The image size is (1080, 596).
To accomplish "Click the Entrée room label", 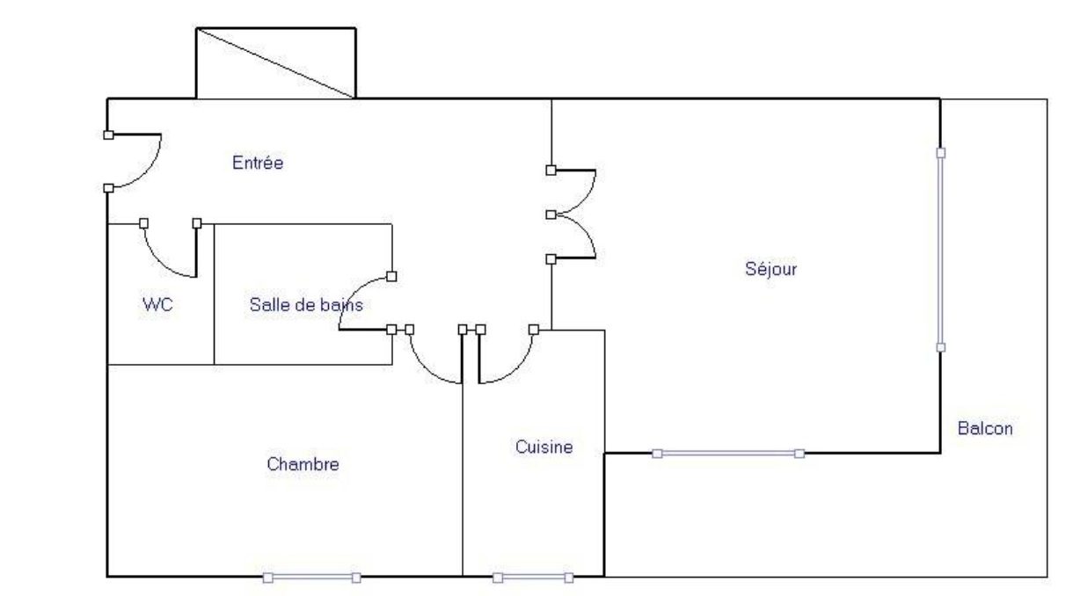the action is (x=258, y=163).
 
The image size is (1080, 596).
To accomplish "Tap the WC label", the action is (x=157, y=304).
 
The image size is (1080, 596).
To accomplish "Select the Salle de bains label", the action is (x=306, y=304).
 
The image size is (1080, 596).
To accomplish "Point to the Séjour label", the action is (x=770, y=268).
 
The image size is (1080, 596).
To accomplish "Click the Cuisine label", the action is (x=544, y=447).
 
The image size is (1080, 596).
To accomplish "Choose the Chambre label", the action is (x=303, y=464).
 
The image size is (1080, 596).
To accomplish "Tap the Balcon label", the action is (x=984, y=428).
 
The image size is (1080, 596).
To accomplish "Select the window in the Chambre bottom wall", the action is (x=312, y=578).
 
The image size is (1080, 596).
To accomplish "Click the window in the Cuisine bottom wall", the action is (x=533, y=578).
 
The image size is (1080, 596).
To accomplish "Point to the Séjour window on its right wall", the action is (x=941, y=250).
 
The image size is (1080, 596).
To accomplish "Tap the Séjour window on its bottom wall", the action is (x=728, y=454).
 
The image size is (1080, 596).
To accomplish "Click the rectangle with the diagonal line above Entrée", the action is (x=276, y=63).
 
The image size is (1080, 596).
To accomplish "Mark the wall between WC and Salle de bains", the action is (x=214, y=294).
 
